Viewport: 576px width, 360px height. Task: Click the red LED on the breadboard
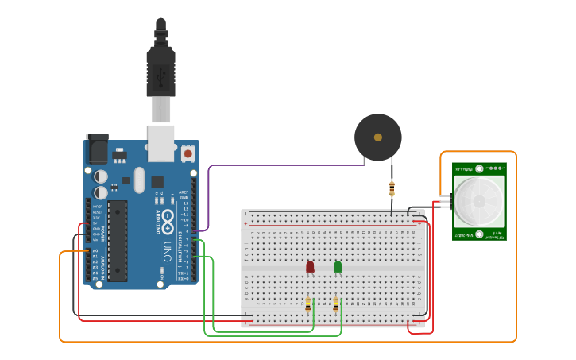coord(310,267)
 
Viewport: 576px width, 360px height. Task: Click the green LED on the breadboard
coord(338,267)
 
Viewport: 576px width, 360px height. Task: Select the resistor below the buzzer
coord(392,188)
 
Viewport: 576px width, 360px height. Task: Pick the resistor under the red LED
coord(308,304)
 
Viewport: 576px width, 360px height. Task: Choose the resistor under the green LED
coord(336,304)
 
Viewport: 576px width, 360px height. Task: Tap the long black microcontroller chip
coord(118,240)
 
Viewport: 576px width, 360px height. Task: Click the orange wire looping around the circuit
coord(286,342)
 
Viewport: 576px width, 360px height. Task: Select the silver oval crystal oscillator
coord(140,179)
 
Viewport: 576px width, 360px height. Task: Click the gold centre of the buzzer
coord(377,137)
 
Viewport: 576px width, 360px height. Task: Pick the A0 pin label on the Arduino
coord(95,251)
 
